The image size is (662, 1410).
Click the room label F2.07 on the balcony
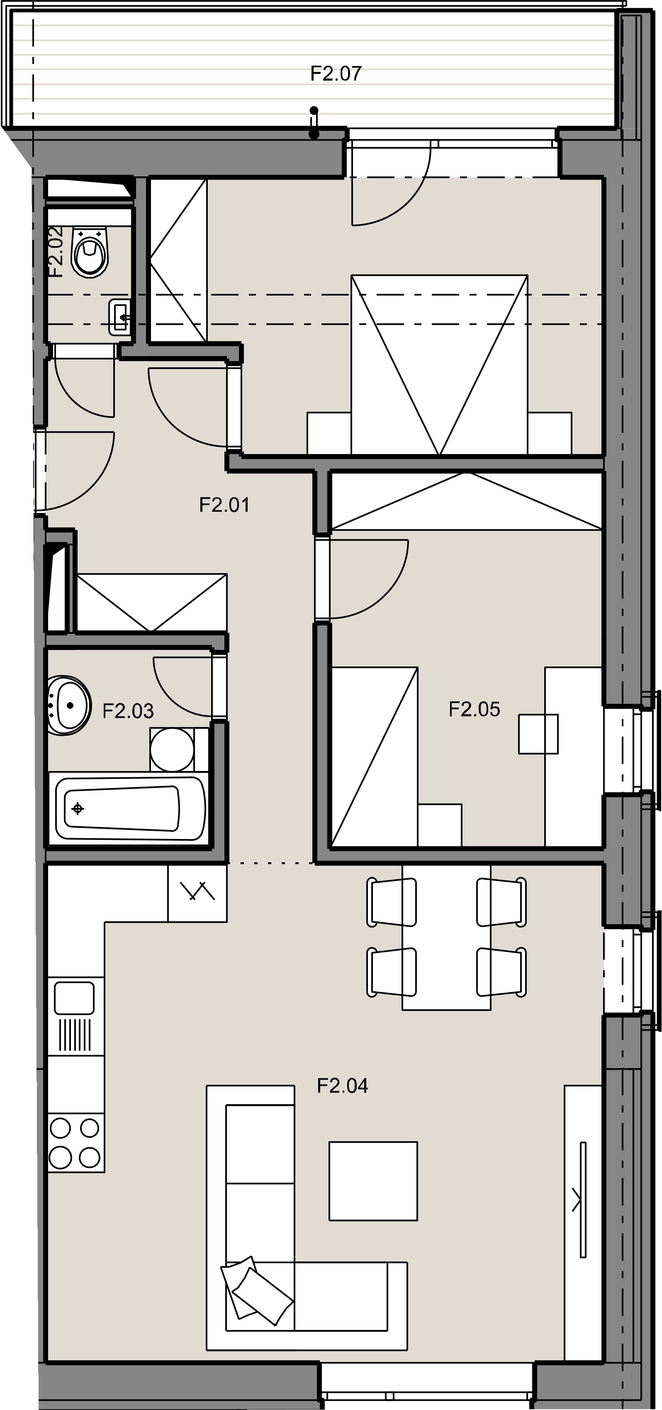pos(336,73)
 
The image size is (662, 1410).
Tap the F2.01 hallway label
pos(224,505)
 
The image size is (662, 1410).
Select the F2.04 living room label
pos(343,1086)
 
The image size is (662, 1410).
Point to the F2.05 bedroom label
pos(475,710)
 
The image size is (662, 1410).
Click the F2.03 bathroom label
pos(128,711)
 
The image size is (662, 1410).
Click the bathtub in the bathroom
pos(129,809)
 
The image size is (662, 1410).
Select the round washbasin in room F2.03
pos(69,705)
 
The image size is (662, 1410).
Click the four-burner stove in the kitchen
pos(75,1143)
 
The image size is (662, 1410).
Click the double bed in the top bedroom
pos(439,365)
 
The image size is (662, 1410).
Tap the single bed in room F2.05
pos(375,756)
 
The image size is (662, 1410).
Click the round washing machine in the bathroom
pos(172,749)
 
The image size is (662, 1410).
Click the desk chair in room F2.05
pos(538,734)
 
